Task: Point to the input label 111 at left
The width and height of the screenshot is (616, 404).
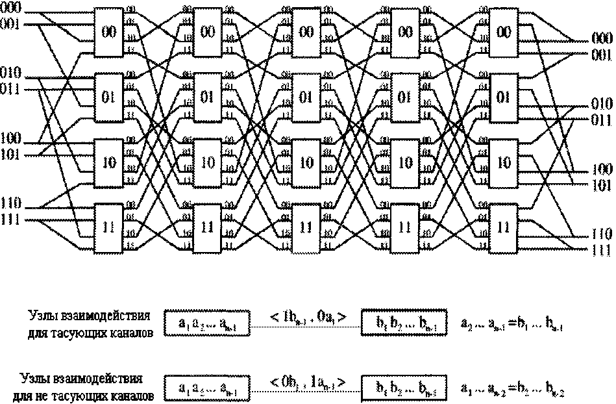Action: [10, 221]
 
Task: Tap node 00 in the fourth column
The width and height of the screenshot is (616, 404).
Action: [405, 32]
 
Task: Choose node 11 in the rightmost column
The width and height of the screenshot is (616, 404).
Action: [503, 227]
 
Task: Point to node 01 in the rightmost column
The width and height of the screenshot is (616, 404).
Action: [503, 97]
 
